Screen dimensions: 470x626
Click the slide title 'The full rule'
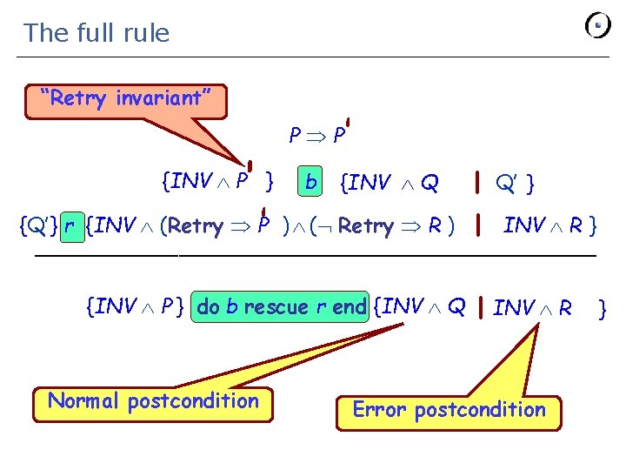tap(97, 33)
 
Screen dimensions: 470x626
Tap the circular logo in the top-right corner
tap(598, 25)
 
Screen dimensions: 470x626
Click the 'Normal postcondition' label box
tap(153, 401)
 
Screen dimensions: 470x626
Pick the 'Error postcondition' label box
tap(449, 410)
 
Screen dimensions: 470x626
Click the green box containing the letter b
tap(310, 183)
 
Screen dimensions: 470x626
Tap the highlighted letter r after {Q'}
tap(70, 227)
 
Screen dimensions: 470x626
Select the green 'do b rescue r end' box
tap(283, 307)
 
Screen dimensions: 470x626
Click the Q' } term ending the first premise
tap(514, 184)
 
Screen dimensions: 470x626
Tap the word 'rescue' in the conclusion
tap(276, 307)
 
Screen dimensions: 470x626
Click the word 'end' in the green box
tap(350, 307)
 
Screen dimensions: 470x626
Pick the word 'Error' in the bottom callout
tap(379, 410)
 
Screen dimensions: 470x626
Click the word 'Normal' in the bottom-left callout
tap(83, 401)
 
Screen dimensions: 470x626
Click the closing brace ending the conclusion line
tap(603, 308)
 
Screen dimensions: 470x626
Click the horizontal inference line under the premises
tap(315, 255)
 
